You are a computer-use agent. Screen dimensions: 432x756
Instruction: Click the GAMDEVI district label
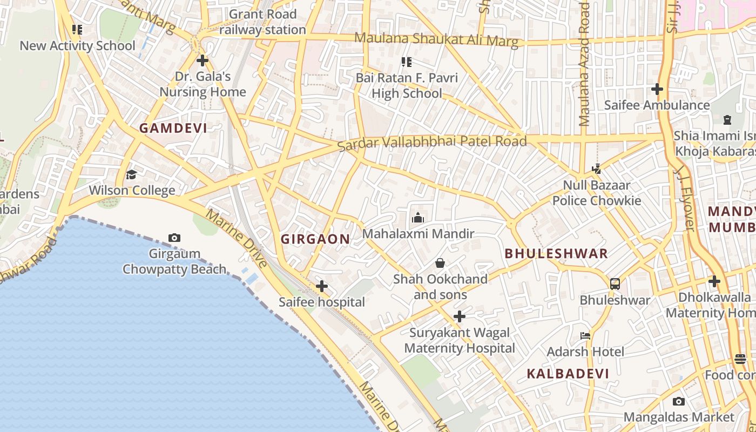point(173,128)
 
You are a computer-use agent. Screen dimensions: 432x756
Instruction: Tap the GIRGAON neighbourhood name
point(315,239)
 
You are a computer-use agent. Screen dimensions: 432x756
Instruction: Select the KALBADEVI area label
point(568,373)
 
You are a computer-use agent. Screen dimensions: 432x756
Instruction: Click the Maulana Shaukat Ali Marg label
point(436,39)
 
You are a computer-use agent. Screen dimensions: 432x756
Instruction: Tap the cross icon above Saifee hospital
point(322,286)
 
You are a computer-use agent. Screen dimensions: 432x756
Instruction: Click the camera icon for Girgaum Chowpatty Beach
point(174,238)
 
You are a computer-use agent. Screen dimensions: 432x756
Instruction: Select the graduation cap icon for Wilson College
point(131,174)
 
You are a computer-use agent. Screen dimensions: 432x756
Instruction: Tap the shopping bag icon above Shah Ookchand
point(440,263)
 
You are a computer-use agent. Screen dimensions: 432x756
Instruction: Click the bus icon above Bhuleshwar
point(615,283)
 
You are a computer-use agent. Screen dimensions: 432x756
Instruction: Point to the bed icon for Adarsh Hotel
point(585,336)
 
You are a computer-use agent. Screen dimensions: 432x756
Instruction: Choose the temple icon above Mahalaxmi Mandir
point(417,218)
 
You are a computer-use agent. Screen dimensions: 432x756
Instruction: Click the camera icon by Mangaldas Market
point(679,401)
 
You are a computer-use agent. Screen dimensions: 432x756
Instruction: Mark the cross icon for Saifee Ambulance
point(657,89)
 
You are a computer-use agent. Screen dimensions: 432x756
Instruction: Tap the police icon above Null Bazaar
point(596,169)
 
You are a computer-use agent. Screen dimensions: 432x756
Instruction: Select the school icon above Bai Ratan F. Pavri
point(406,62)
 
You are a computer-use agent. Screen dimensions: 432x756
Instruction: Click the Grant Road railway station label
point(263,22)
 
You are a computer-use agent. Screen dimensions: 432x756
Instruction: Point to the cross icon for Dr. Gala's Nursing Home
point(202,60)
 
